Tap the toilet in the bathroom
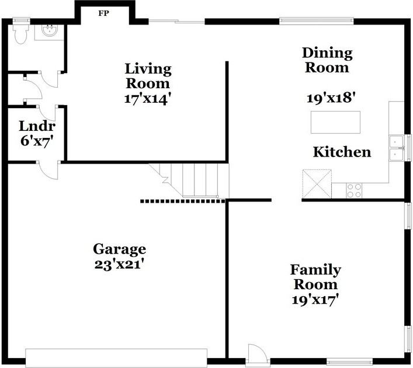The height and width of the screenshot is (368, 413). point(20,34)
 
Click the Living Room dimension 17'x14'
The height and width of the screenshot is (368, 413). point(147,98)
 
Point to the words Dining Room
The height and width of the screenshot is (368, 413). point(327,60)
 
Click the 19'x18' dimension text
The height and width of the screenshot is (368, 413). point(331,98)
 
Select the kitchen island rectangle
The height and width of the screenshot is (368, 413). point(335,122)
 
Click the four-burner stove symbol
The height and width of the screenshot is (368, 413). point(355,190)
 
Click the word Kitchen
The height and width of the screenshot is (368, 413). point(342,152)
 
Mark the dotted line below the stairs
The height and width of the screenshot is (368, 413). point(182,202)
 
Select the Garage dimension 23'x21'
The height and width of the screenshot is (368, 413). point(119,263)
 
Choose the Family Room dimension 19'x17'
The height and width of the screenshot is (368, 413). point(315,300)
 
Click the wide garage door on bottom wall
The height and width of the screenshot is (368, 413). point(116,357)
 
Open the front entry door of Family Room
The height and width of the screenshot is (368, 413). point(256,354)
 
